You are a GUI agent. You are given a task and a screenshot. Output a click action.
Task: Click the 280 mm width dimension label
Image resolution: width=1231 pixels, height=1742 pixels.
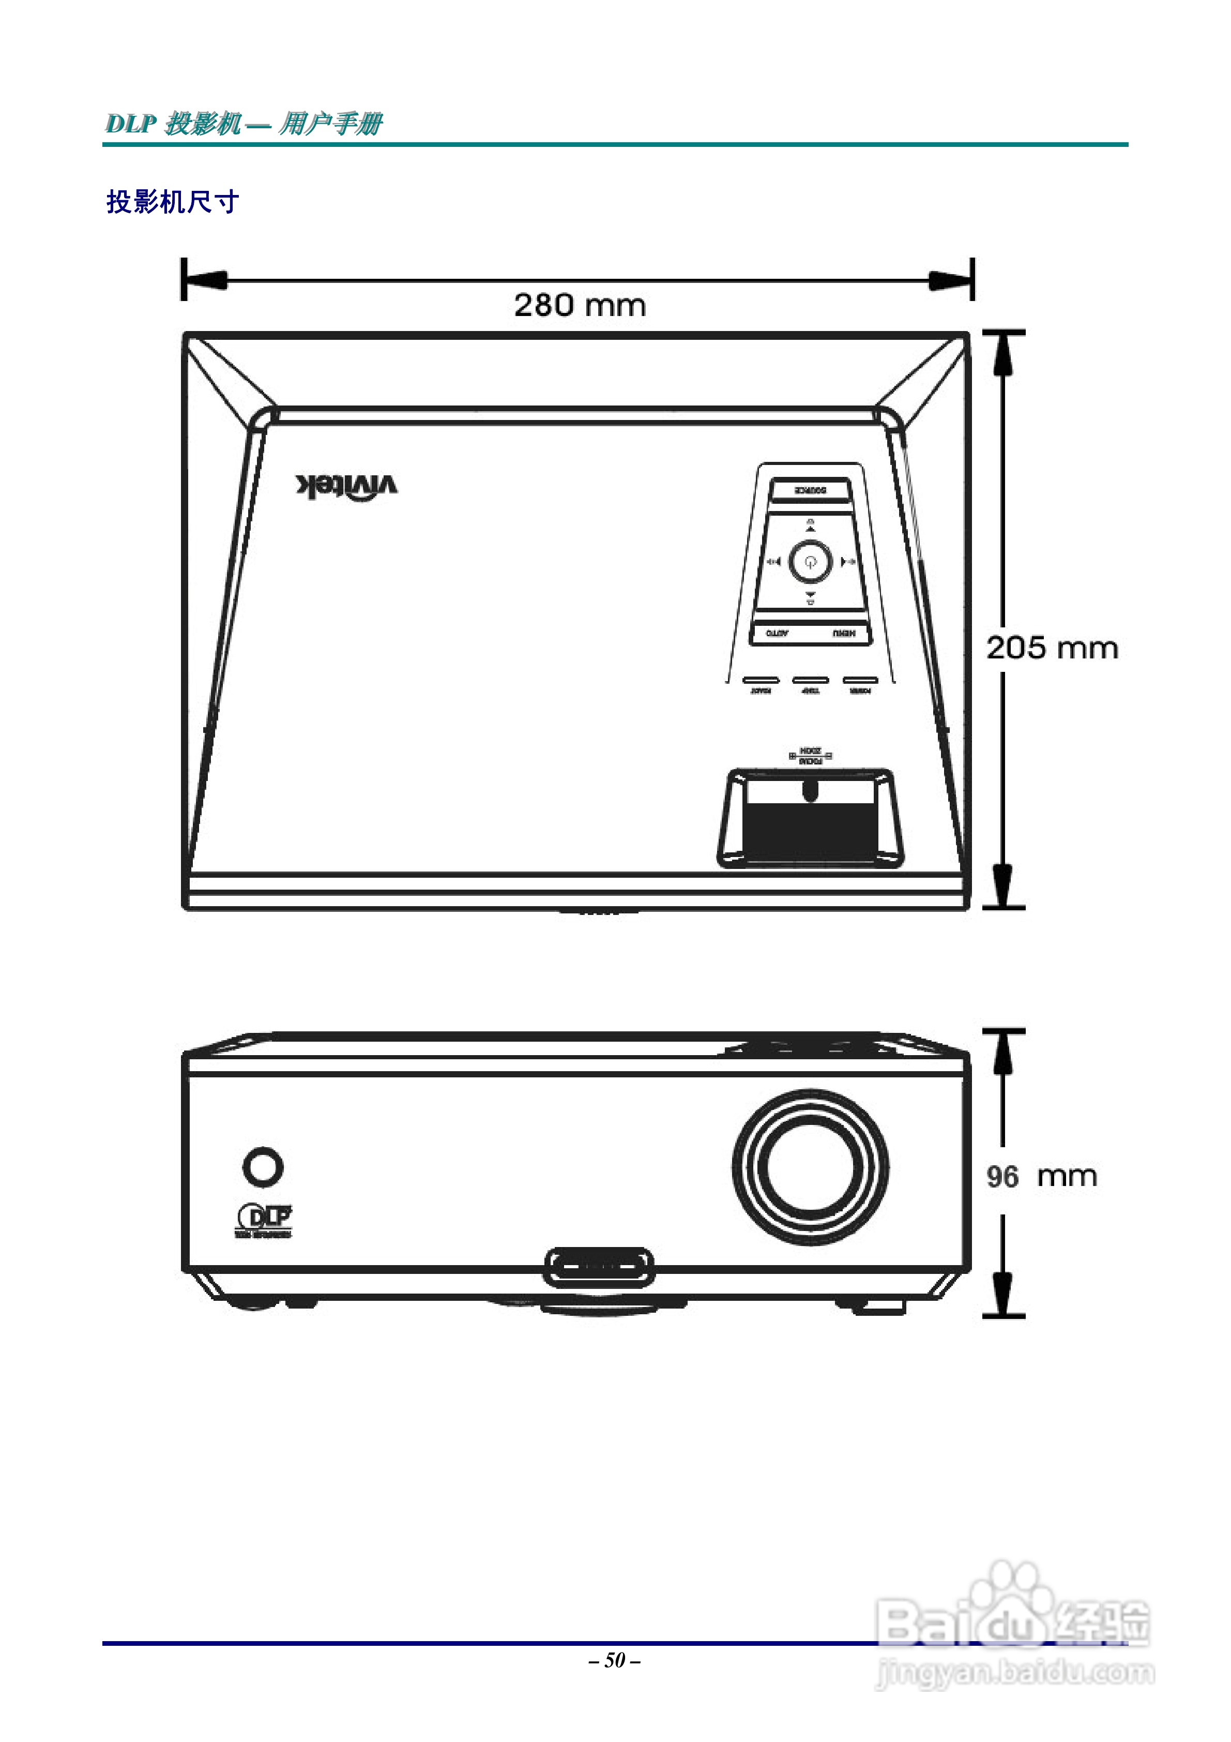(x=580, y=306)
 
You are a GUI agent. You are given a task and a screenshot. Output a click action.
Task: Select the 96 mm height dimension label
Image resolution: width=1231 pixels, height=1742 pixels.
(x=1041, y=1177)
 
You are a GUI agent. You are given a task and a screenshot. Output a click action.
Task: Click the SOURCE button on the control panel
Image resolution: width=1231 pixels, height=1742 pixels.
(x=810, y=490)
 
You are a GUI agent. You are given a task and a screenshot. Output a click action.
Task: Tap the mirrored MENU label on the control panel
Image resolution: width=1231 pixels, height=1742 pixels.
(x=843, y=633)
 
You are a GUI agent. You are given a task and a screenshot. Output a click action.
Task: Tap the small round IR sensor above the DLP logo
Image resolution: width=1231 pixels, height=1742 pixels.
(x=263, y=1166)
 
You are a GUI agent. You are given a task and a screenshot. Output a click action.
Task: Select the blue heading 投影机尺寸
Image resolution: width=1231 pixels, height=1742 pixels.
(x=173, y=202)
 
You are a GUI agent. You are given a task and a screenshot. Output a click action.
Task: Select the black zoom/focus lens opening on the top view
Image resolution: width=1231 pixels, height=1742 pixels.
(x=810, y=831)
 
